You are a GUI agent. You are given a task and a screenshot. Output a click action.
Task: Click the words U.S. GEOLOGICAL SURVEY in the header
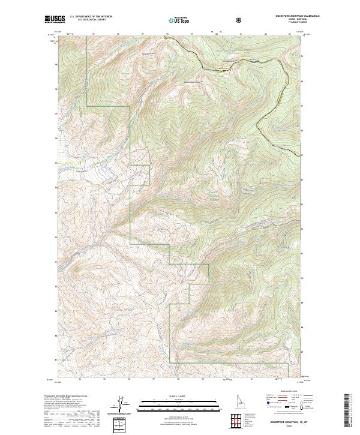coord(88,20)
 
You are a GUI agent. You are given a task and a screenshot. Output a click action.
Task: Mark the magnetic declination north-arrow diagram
coord(119,406)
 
